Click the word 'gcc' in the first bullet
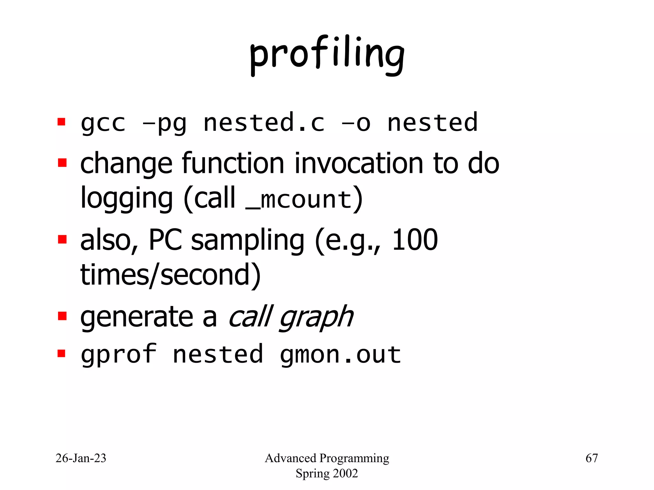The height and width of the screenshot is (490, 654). pyautogui.click(x=103, y=123)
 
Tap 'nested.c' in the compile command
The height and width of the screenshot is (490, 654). pyautogui.click(x=264, y=123)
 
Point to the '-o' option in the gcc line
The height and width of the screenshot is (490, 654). pyautogui.click(x=356, y=123)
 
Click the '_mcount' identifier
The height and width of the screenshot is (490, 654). pyautogui.click(x=299, y=200)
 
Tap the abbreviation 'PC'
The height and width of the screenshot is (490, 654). pyautogui.click(x=165, y=240)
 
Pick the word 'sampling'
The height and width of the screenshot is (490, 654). pyautogui.click(x=247, y=241)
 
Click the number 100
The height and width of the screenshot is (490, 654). pyautogui.click(x=414, y=240)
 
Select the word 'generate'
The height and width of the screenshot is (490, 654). pyautogui.click(x=137, y=318)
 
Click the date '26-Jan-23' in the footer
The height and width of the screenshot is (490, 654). pyautogui.click(x=81, y=458)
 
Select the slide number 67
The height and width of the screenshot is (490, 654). pyautogui.click(x=591, y=458)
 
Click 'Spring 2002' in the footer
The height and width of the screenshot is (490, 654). pyautogui.click(x=327, y=473)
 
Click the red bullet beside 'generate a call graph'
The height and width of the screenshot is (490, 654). pyautogui.click(x=62, y=316)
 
